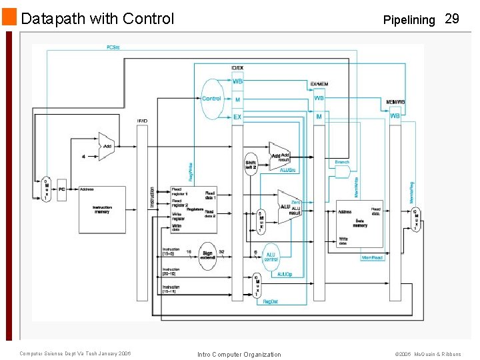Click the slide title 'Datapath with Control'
(97, 19)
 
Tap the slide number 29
(451, 19)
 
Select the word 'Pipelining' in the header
(409, 19)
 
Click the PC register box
(62, 189)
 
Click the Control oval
(211, 99)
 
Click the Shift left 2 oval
(251, 164)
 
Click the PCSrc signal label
(113, 47)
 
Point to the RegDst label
(270, 302)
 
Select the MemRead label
(371, 257)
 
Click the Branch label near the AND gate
(341, 162)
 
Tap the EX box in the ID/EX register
(237, 117)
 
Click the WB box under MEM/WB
(395, 116)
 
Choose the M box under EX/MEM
(319, 117)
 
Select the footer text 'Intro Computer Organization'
(239, 354)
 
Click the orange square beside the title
(9, 17)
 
